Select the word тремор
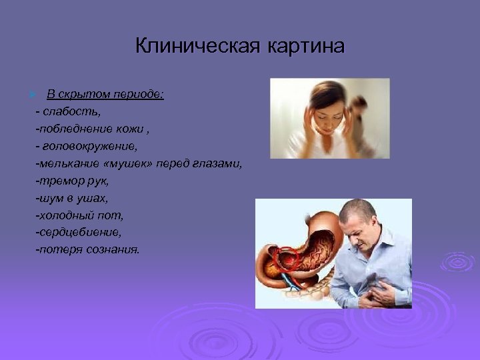(x=56, y=180)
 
